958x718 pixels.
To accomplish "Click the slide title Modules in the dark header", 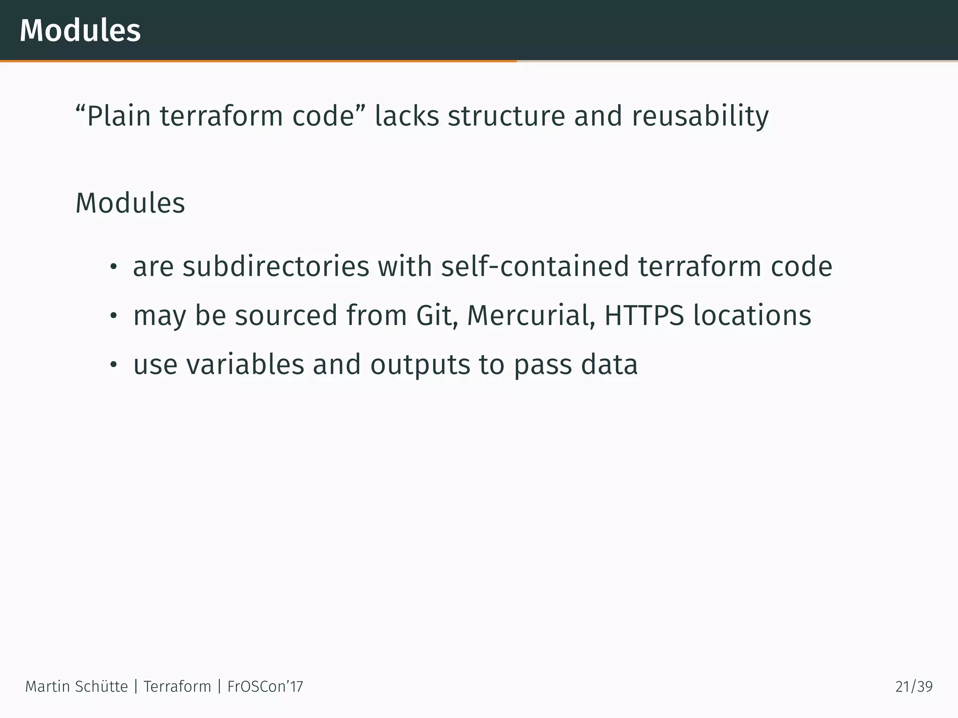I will pyautogui.click(x=80, y=30).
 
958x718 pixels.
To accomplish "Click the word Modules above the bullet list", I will pyautogui.click(x=130, y=203).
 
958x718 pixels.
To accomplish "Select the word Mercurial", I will pyautogui.click(x=531, y=315).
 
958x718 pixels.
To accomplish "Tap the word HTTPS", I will pyautogui.click(x=644, y=315).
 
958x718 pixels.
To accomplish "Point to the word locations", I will pyautogui.click(x=752, y=315).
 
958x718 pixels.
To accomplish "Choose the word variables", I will pyautogui.click(x=245, y=365).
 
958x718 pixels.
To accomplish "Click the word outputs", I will pyautogui.click(x=420, y=365).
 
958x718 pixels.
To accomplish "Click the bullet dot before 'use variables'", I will pyautogui.click(x=112, y=366).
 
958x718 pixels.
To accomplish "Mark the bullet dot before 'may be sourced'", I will pyautogui.click(x=112, y=316).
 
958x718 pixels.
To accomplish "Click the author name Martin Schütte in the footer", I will pyautogui.click(x=76, y=687).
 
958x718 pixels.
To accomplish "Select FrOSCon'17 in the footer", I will pyautogui.click(x=265, y=687).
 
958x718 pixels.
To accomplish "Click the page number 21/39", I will pyautogui.click(x=914, y=687).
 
